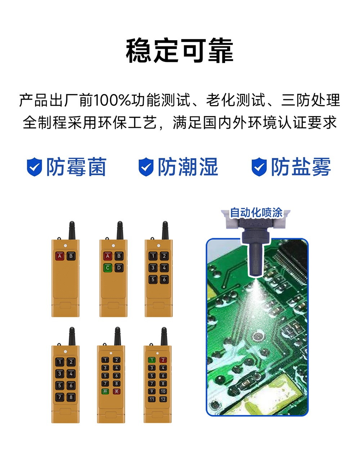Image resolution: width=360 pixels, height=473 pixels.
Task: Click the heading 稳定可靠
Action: coord(180,51)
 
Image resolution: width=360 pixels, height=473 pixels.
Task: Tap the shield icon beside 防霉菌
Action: coord(35,167)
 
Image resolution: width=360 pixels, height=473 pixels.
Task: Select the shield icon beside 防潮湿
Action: coord(146,167)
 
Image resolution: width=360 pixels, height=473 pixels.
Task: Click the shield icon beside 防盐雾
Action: coord(259,167)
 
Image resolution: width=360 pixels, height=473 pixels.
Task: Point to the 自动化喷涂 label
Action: coord(256,213)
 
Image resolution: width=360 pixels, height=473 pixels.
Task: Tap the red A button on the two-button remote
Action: coord(60,256)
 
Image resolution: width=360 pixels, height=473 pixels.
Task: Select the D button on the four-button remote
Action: coord(119,268)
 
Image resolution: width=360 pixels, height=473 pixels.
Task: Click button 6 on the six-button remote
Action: coord(164,279)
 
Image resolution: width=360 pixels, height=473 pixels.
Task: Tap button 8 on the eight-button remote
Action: coord(71,397)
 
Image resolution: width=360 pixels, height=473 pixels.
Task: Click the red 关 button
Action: coord(116,391)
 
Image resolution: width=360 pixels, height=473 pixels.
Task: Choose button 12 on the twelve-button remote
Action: coord(163,399)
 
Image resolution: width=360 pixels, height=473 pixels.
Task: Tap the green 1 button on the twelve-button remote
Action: coord(152,360)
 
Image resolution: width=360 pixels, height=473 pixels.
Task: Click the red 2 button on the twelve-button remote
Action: coord(163,360)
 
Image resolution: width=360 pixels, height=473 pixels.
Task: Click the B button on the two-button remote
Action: coord(71,256)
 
